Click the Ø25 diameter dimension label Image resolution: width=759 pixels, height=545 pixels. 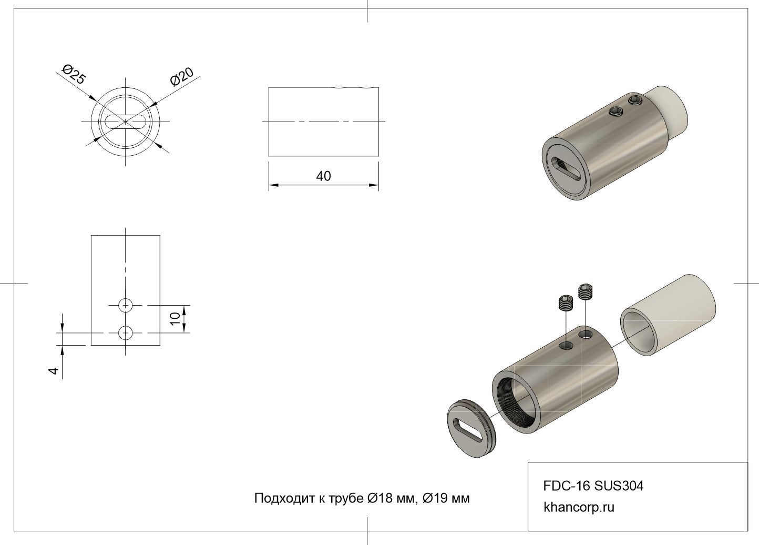pyautogui.click(x=74, y=74)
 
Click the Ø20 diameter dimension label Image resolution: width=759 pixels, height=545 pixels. pyautogui.click(x=182, y=77)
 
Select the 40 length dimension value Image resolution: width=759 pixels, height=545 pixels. pyautogui.click(x=323, y=176)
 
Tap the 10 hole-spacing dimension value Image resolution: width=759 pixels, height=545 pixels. pyautogui.click(x=175, y=319)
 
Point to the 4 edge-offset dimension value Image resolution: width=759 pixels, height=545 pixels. pyautogui.click(x=54, y=371)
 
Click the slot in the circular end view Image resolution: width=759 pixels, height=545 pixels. pyautogui.click(x=126, y=122)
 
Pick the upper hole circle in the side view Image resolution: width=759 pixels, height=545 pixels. pyautogui.click(x=126, y=305)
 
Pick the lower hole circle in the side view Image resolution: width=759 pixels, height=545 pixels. pyautogui.click(x=126, y=333)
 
